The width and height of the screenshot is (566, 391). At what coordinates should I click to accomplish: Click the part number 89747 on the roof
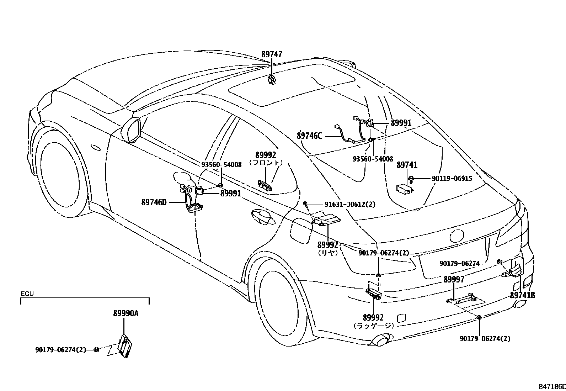coord(272,54)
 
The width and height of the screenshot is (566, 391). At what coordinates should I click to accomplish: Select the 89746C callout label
coord(309,136)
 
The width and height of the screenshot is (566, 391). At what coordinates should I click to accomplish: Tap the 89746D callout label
coord(154,202)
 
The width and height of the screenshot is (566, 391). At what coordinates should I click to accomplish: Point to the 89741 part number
coord(407,165)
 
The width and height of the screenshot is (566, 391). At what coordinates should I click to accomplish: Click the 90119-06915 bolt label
coord(452,178)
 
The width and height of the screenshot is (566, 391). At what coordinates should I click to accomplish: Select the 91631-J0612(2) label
coord(349,204)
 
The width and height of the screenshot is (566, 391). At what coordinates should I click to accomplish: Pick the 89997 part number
coord(454,280)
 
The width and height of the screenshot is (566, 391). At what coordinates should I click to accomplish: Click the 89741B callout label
coord(522,295)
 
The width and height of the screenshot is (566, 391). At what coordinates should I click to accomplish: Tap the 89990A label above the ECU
coord(126,313)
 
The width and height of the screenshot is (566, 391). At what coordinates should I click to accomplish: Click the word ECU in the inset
coord(27,294)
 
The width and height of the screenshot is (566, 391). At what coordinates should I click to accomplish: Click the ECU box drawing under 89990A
coord(124,345)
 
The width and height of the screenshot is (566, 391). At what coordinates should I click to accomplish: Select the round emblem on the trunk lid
coord(457,236)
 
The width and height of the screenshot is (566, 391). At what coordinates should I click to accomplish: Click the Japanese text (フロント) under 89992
coord(266,163)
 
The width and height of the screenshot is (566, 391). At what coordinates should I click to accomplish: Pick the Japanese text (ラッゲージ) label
coord(374,325)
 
